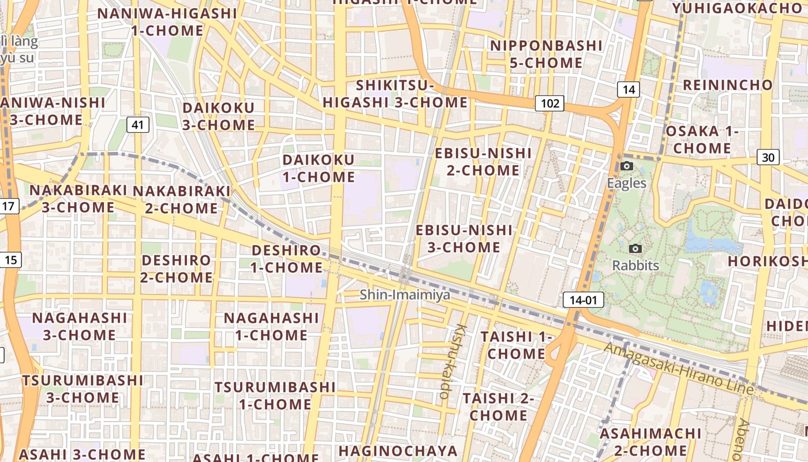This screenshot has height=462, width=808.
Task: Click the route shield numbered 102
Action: coord(549,103)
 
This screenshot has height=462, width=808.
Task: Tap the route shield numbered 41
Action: coord(137,124)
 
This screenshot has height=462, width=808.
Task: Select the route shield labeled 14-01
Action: coord(583,300)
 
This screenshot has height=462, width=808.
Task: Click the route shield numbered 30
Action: coord(768,157)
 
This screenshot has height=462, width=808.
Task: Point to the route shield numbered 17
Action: coord(9,206)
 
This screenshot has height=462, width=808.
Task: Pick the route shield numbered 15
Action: coord(10,260)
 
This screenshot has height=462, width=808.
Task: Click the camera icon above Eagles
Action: coord(627,166)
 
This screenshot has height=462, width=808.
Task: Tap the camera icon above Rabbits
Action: coord(635,248)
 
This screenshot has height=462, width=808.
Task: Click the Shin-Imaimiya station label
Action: coord(405,295)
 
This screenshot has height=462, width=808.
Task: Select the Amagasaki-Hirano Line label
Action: coord(679,368)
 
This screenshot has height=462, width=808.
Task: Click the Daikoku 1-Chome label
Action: coord(319,168)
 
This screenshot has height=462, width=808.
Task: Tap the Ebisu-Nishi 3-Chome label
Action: coord(464,239)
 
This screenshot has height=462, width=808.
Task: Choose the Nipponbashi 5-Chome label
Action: coord(546,54)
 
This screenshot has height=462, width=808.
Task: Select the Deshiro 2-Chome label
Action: coord(177,269)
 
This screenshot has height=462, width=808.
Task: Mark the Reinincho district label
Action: coord(727,85)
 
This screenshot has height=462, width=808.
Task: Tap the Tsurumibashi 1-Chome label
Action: coord(275,395)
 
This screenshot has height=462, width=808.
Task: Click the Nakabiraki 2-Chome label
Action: coord(181,199)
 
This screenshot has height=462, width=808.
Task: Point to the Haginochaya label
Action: coord(398,451)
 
